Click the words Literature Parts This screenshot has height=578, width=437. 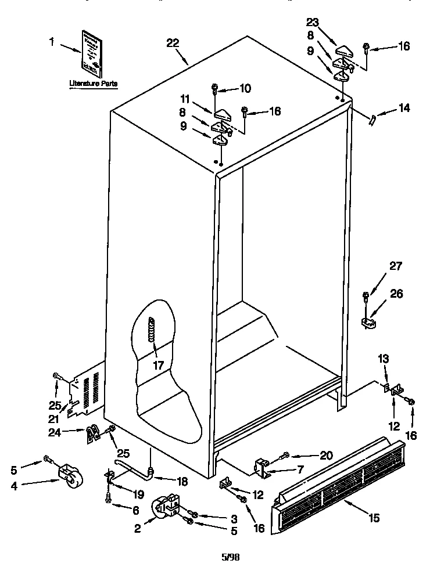point(93,84)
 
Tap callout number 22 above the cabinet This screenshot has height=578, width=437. point(172,43)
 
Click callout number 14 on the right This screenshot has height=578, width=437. point(403,107)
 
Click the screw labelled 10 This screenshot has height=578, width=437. point(215,89)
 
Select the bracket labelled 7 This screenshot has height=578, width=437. point(263,467)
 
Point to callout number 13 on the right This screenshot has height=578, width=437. point(384,359)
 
